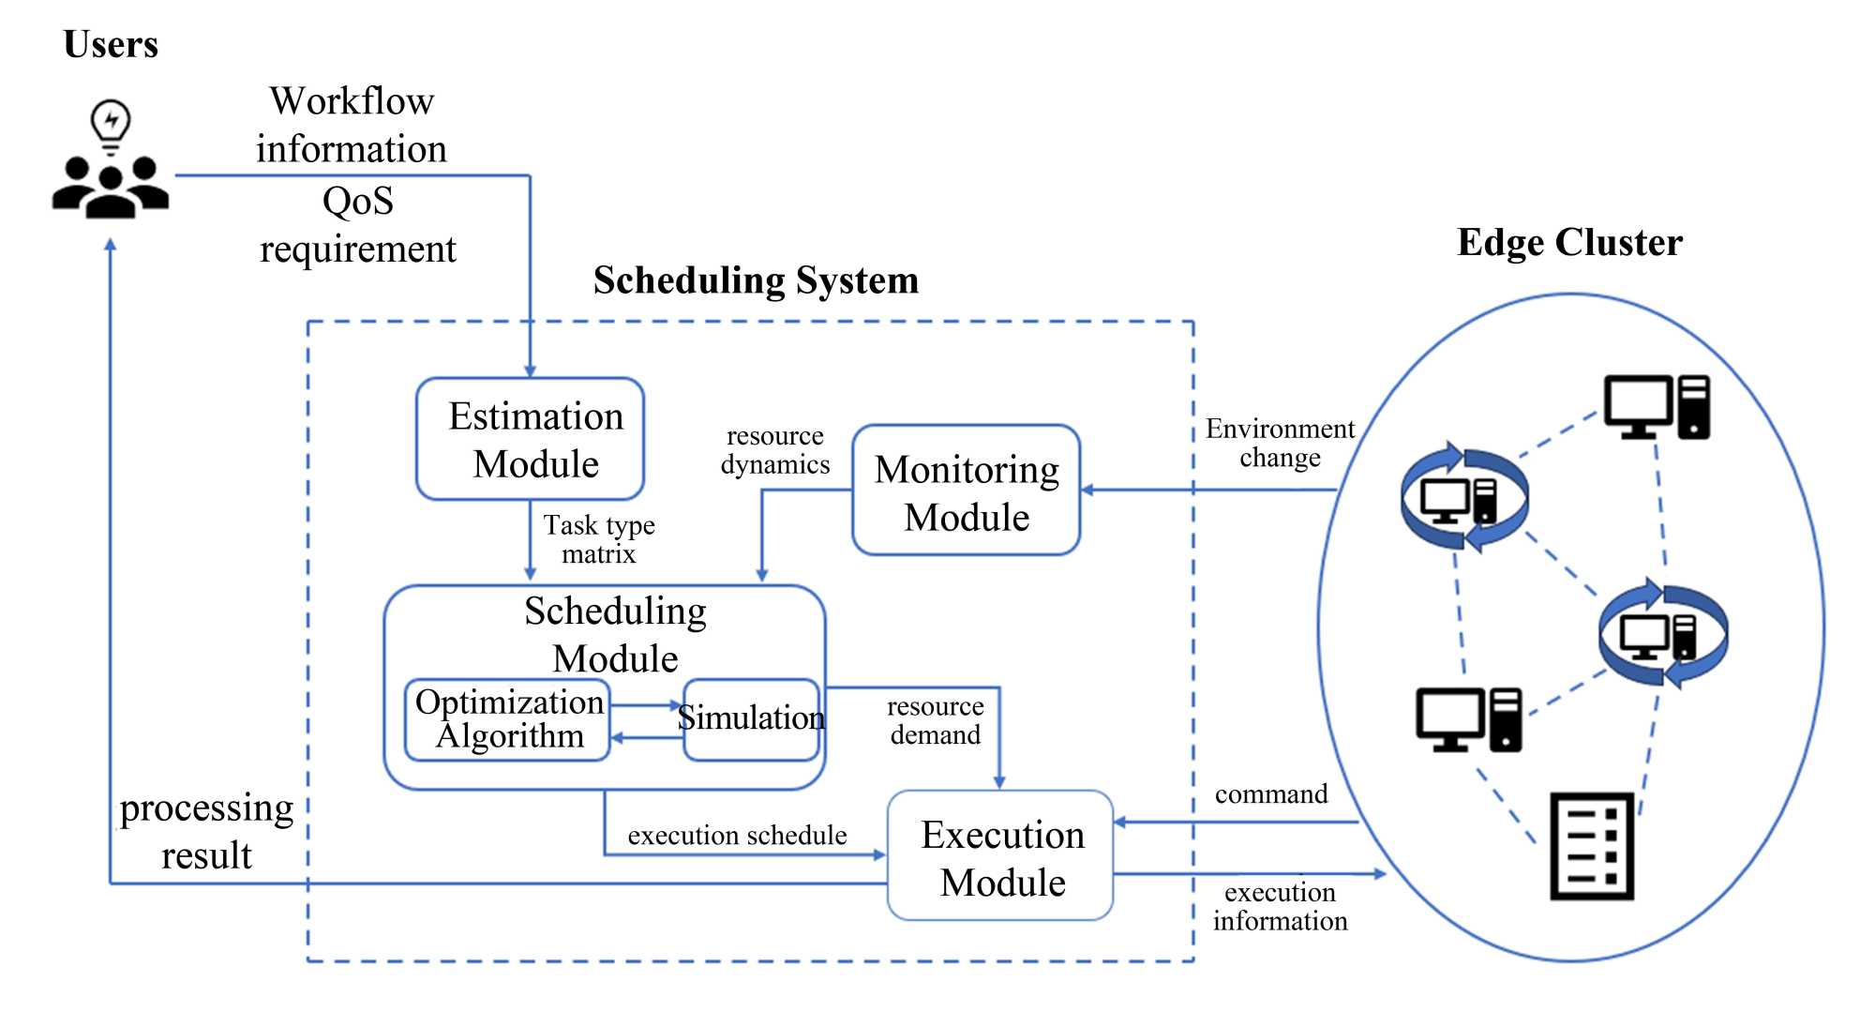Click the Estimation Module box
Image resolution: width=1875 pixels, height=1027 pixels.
531,439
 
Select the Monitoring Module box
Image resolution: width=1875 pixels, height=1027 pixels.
967,491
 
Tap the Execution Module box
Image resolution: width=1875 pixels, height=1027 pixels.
1000,856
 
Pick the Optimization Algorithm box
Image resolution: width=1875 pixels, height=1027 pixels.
508,719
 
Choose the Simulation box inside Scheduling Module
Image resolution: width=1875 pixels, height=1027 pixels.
752,719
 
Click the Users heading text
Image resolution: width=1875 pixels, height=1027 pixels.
111,44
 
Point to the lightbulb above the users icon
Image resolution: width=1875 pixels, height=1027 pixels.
111,125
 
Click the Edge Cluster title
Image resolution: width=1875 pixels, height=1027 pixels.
1569,242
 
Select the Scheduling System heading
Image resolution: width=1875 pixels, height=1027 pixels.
756,280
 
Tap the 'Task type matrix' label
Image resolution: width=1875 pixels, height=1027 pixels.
599,539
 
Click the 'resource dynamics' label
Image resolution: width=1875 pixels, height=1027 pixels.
775,450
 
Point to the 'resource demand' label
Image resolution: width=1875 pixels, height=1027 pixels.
935,720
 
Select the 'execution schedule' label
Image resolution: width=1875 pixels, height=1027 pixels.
737,835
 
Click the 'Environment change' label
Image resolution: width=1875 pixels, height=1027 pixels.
1280,443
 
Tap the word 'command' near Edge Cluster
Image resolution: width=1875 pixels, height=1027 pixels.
1271,794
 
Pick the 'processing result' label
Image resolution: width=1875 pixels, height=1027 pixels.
206,832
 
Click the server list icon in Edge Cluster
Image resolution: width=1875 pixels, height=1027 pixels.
1592,847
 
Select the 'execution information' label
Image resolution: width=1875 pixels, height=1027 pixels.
1280,906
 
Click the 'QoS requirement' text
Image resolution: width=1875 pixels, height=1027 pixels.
357,225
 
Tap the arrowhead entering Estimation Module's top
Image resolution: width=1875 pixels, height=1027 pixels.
530,371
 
